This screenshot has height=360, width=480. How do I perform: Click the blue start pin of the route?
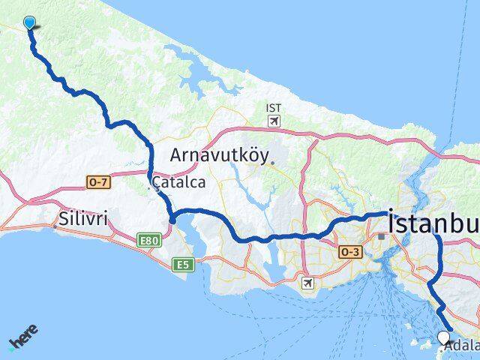click(x=29, y=22)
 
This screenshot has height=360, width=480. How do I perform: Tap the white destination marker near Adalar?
click(x=444, y=337)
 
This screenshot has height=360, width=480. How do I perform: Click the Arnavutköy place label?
click(x=218, y=155)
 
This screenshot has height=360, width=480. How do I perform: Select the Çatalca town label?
click(x=179, y=182)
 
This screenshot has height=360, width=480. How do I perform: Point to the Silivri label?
click(x=82, y=218)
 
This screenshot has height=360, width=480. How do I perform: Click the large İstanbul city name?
click(x=433, y=222)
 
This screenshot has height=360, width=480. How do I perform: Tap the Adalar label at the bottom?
click(x=461, y=347)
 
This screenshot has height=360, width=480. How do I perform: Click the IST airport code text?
click(x=274, y=108)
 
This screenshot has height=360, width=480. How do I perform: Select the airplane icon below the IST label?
click(x=274, y=120)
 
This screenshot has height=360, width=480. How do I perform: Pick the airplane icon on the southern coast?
click(x=306, y=282)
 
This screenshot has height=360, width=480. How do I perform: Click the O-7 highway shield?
click(x=97, y=181)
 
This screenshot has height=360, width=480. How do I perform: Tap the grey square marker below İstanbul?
click(x=382, y=235)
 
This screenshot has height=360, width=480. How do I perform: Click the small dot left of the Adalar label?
click(x=440, y=347)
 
